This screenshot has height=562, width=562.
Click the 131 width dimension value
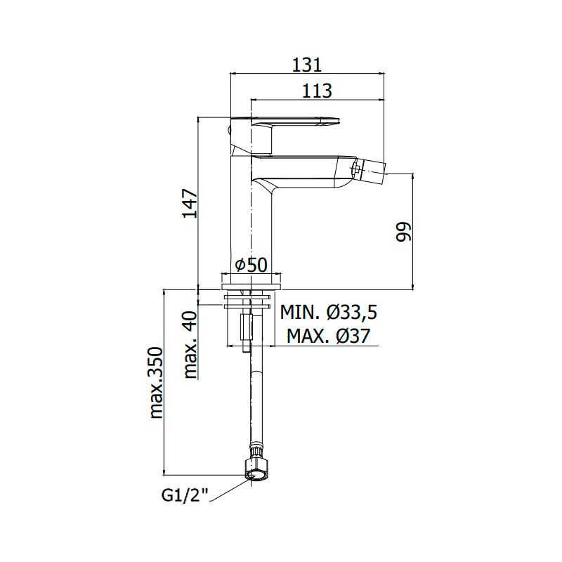pyautogui.click(x=307, y=65)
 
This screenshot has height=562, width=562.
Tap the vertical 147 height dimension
pyautogui.click(x=190, y=203)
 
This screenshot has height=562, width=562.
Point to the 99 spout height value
pyautogui.click(x=403, y=232)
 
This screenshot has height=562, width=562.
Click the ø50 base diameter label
pyautogui.click(x=251, y=265)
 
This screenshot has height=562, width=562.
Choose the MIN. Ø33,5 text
pyautogui.click(x=328, y=312)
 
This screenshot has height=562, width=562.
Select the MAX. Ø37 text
pyautogui.click(x=328, y=336)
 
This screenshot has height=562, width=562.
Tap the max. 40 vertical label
pyautogui.click(x=190, y=345)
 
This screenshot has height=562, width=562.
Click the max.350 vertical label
pyautogui.click(x=156, y=382)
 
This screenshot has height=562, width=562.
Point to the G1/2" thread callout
pyautogui.click(x=185, y=496)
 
